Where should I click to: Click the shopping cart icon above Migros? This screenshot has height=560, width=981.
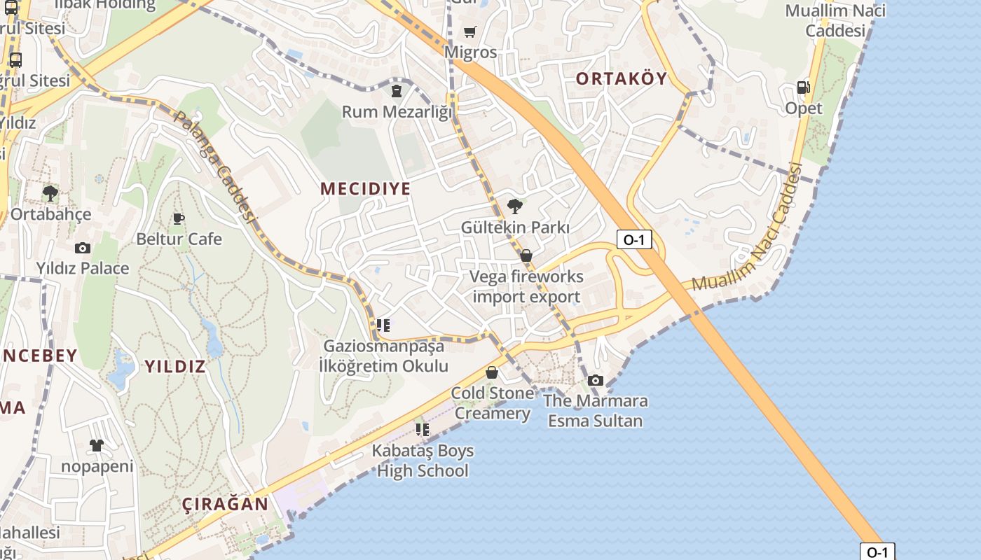469,31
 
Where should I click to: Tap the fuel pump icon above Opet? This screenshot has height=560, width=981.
803,87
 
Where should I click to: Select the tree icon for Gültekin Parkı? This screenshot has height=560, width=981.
515,206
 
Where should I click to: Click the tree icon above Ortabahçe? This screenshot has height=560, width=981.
50,192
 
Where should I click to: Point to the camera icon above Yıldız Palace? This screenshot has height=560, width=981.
83,248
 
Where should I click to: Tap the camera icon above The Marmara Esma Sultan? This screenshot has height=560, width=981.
596,380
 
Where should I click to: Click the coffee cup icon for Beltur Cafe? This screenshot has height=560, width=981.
179,218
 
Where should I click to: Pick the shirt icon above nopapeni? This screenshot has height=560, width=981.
97,445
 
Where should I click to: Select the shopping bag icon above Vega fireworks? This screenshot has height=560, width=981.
526,256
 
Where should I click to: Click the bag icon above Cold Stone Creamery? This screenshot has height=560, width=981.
492,372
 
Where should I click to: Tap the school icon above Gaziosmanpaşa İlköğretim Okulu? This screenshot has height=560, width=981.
383,325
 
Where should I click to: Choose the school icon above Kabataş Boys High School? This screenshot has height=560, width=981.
422,429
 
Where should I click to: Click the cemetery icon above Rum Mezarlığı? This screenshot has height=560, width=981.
397,91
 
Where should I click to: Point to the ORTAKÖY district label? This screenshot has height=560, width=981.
622,78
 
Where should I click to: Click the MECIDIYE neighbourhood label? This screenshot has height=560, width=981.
365,188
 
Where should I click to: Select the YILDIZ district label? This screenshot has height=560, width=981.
175,366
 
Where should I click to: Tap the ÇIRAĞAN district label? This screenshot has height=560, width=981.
225,504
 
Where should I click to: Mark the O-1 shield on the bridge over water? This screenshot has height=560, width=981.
877,552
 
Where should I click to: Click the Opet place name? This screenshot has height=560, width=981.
804,108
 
